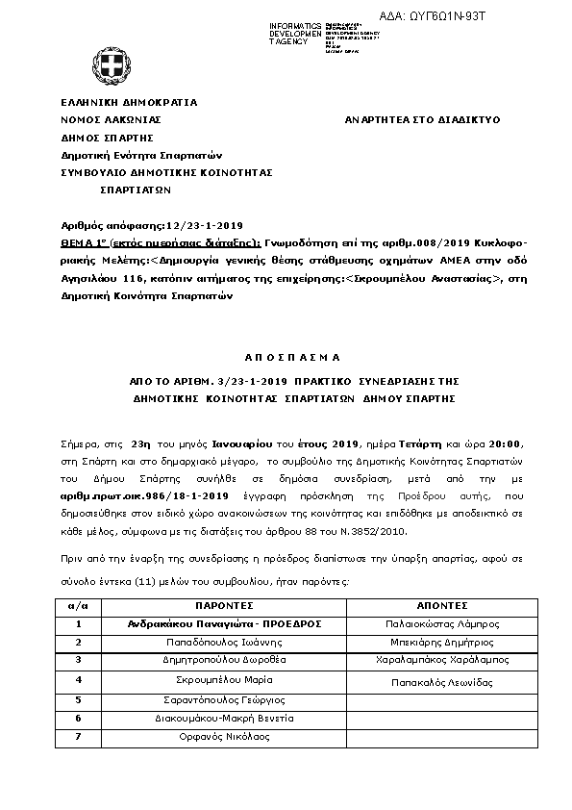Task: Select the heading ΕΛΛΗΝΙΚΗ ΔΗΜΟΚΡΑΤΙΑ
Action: click(129, 101)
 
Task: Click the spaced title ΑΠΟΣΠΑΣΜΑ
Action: click(286, 357)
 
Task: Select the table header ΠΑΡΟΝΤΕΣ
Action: click(223, 607)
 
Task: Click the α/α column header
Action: click(79, 607)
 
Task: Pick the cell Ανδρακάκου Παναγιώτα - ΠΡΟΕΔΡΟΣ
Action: click(223, 624)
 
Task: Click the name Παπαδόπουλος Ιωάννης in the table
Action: click(223, 643)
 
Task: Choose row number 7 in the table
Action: click(79, 737)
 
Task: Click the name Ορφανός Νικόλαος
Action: click(223, 737)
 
